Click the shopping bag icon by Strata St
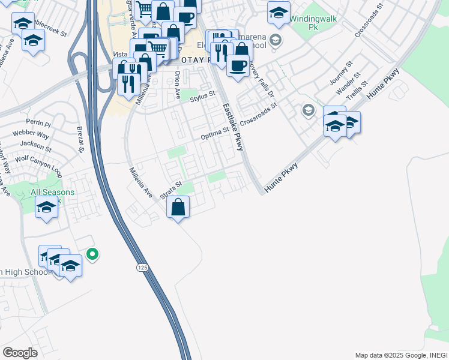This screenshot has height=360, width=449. (178, 208)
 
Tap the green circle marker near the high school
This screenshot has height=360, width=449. (92, 254)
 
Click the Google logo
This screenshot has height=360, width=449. (20, 353)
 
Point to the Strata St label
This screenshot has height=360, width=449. (171, 190)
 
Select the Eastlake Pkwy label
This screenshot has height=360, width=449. (233, 127)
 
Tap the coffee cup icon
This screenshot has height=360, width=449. (238, 65)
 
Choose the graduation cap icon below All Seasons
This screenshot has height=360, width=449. (46, 208)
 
